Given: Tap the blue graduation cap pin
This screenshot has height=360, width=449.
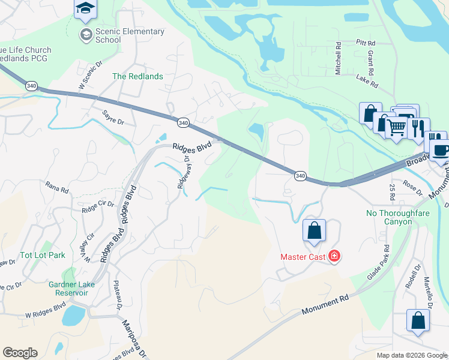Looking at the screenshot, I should point(85,8).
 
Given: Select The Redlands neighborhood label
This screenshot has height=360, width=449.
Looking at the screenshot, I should point(137,76).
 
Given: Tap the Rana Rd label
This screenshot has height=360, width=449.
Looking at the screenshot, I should point(57,187).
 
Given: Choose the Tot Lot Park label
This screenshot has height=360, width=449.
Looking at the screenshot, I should point(43,255).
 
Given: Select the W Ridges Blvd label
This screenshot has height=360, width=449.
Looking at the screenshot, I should point(45,311).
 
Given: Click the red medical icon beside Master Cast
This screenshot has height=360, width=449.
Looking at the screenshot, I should point(334,257).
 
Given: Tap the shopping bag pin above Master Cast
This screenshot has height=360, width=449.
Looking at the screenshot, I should point(314,230).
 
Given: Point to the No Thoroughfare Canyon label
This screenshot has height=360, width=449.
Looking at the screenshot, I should point(390,217).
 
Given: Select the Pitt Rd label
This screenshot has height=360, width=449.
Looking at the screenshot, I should point(365,43).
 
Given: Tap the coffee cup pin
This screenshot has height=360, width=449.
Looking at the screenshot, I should point(440,150).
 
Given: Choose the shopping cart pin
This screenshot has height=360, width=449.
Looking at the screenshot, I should point(396,127).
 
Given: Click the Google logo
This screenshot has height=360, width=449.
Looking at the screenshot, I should point(20,353).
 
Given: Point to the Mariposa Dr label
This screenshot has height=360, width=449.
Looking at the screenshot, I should point(134,338).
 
